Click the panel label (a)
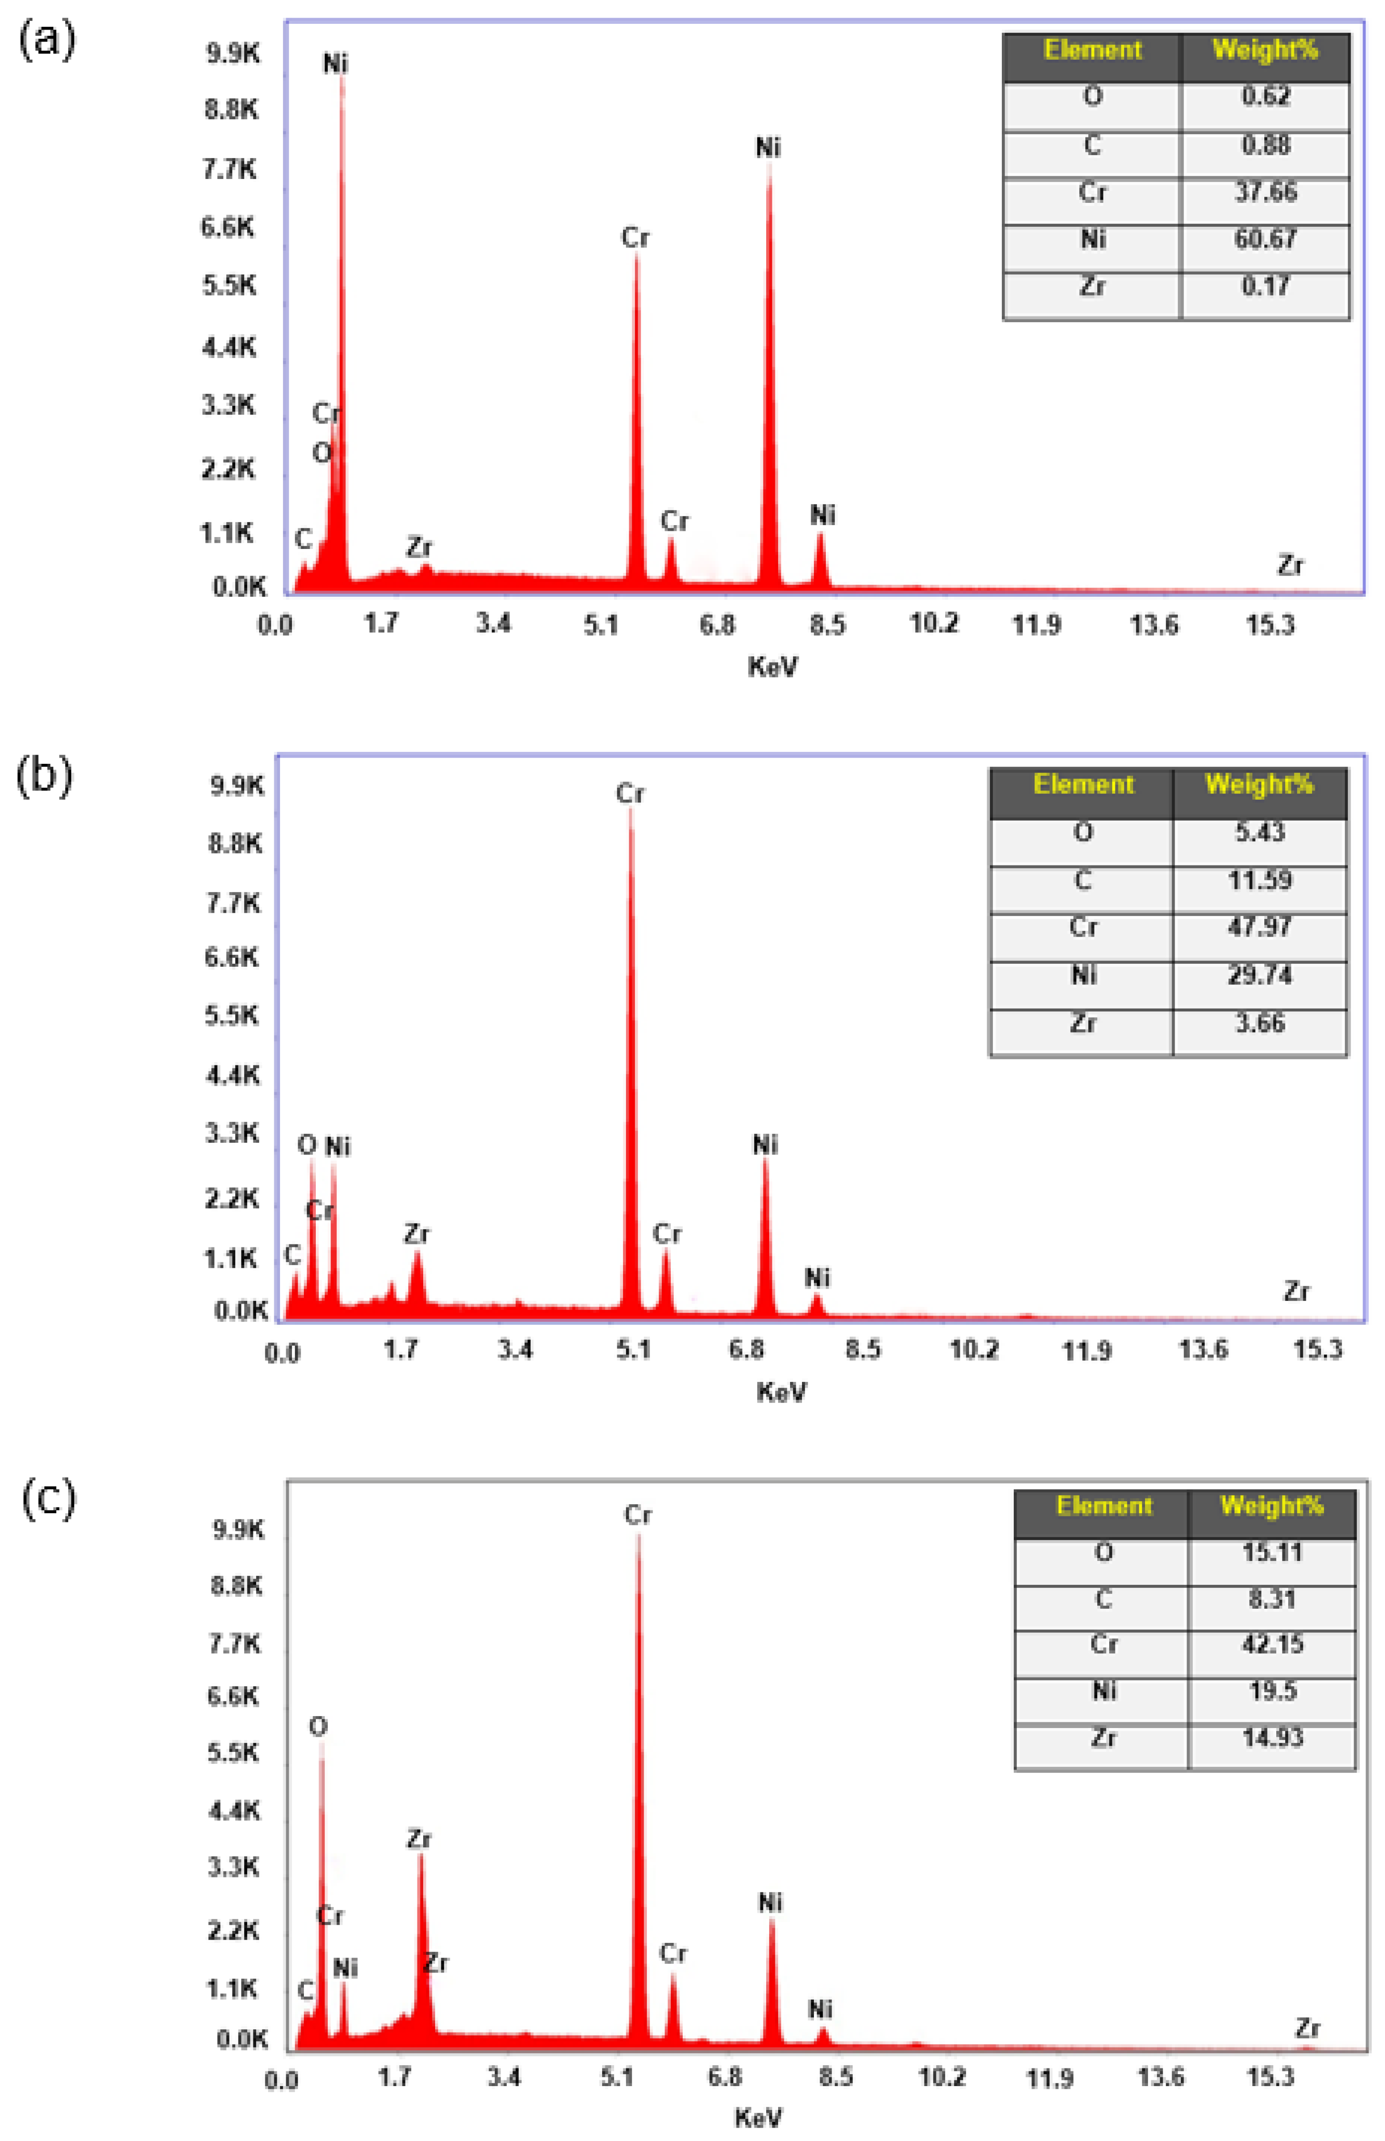[47, 41]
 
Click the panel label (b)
[43, 775]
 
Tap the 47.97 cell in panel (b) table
[1259, 927]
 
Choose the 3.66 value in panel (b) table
[1259, 1023]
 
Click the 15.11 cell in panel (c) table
[1271, 1552]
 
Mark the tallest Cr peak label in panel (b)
[630, 793]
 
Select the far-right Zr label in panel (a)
[1290, 565]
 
